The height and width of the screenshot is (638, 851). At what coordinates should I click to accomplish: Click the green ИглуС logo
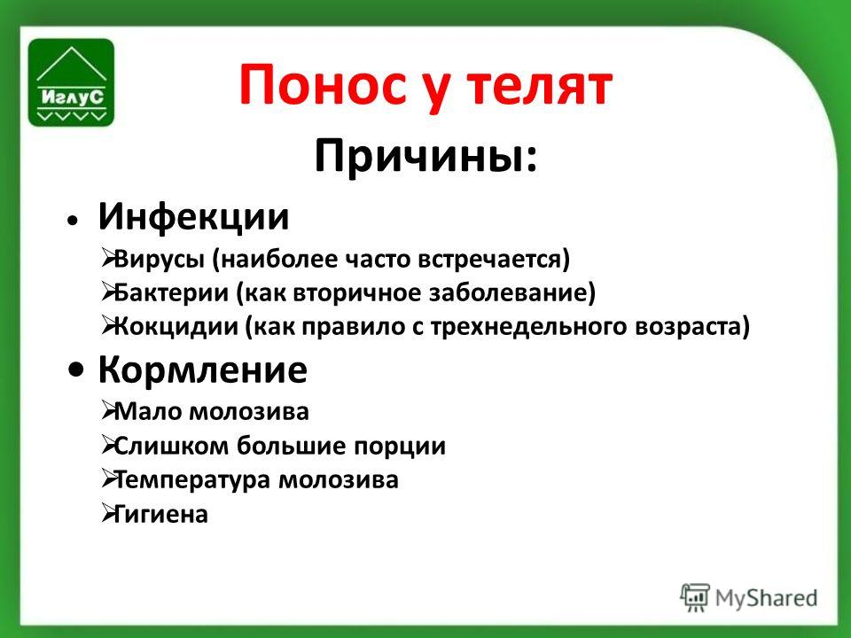(x=71, y=82)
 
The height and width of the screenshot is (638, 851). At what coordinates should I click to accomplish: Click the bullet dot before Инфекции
(x=72, y=220)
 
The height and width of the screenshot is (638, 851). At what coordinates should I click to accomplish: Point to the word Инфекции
(x=193, y=217)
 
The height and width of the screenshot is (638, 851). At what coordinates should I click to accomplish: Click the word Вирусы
(x=160, y=260)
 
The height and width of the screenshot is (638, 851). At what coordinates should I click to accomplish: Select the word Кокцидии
(x=176, y=327)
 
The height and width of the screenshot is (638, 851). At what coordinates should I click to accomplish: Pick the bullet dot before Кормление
(x=76, y=370)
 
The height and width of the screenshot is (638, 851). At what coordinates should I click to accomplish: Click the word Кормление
(x=202, y=370)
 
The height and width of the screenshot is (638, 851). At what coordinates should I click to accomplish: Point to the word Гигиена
(x=160, y=514)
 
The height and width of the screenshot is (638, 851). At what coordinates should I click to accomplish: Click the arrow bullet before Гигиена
(x=107, y=513)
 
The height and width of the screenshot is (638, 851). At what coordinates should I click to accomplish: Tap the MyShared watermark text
(x=766, y=598)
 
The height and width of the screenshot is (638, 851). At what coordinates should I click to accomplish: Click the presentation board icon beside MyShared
(x=695, y=597)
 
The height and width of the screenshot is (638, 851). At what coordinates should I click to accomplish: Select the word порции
(x=400, y=447)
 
